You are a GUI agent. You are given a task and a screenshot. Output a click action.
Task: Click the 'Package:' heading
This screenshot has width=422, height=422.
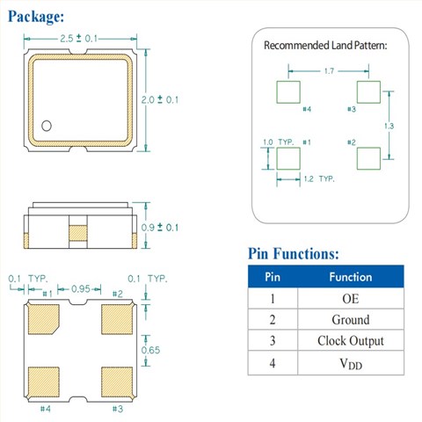36,17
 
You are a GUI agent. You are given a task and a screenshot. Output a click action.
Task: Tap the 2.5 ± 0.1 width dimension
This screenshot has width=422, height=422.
78,39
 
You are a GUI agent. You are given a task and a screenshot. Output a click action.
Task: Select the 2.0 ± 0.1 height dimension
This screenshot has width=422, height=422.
160,99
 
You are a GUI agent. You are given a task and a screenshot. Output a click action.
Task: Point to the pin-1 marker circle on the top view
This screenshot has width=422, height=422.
47,126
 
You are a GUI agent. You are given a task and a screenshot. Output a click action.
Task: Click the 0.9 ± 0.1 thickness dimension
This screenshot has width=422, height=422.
160,228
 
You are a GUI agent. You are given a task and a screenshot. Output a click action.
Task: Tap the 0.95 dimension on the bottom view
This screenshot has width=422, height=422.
81,289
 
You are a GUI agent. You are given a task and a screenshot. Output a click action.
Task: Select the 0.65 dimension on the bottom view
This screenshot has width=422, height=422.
150,350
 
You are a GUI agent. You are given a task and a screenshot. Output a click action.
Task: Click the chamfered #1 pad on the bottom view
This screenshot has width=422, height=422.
44,319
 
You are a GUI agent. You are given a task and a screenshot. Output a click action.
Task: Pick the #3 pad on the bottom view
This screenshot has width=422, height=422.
117,382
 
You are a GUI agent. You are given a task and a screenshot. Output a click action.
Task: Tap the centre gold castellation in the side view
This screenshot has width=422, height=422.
78,233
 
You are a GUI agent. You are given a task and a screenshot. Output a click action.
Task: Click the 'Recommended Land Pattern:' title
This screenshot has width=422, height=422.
325,46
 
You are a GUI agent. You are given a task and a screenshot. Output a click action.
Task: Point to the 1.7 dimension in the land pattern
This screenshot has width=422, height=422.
329,71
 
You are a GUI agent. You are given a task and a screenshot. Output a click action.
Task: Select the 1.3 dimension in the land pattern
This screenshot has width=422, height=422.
389,126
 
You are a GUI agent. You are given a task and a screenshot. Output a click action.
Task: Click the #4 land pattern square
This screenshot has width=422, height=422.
288,92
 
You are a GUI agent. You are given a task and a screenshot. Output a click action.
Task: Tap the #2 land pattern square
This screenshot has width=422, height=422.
368,158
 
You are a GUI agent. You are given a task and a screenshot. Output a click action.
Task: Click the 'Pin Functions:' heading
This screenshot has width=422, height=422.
294,253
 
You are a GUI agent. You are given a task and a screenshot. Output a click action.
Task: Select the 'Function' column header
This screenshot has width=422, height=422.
351,277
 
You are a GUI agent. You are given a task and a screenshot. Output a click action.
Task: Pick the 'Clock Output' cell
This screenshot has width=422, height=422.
351,340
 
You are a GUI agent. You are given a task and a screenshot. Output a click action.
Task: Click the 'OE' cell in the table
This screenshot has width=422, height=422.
351,299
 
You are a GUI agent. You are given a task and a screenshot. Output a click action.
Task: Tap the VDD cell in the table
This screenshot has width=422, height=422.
351,364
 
